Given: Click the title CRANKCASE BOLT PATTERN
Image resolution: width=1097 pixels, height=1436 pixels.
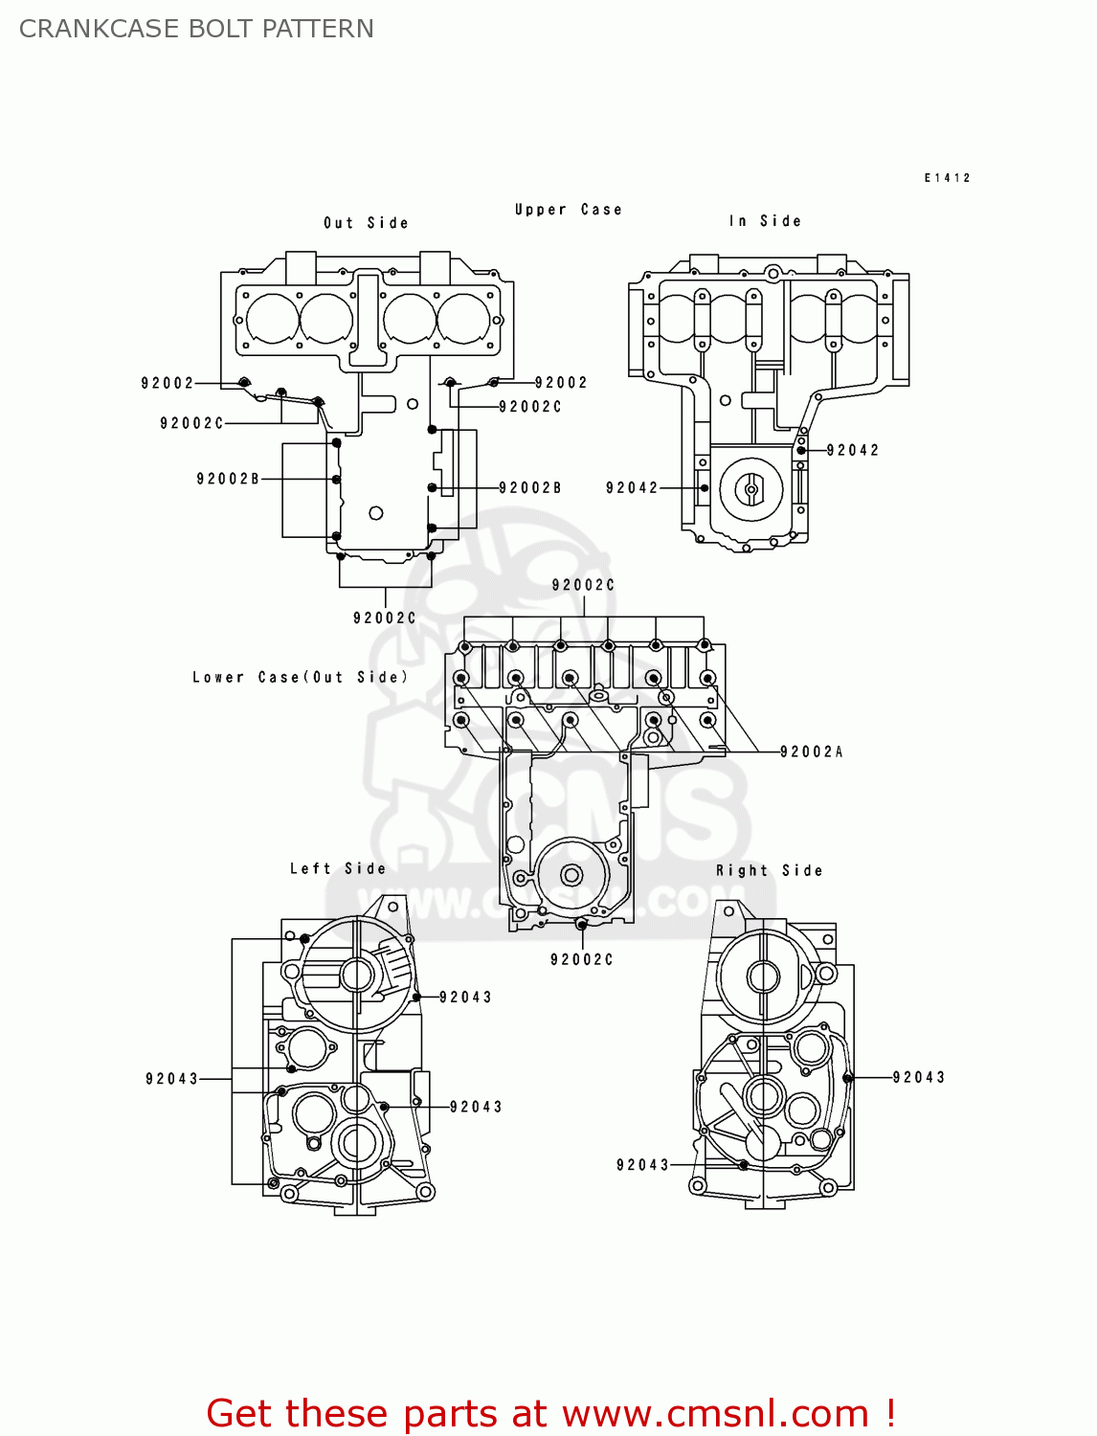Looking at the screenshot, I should [x=196, y=29].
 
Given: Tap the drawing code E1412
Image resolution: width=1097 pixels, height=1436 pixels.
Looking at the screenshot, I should [x=947, y=178].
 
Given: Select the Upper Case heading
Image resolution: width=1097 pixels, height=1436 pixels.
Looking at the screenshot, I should [x=568, y=210].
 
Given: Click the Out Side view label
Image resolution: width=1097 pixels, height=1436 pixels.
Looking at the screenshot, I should [x=366, y=223].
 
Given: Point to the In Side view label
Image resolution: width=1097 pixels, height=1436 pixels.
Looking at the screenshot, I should [x=765, y=221].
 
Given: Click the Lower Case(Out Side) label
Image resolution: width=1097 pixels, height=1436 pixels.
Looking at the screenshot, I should [x=300, y=677].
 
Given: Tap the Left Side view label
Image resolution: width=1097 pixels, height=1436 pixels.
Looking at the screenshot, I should [x=338, y=868].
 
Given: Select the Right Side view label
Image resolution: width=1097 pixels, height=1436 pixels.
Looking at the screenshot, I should [x=769, y=870].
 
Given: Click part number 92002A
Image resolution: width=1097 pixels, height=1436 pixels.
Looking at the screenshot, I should [x=811, y=752].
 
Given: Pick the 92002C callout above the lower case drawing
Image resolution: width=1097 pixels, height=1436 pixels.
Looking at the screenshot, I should [x=583, y=585].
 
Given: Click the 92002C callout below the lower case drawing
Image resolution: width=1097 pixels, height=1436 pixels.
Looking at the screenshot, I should [x=581, y=959].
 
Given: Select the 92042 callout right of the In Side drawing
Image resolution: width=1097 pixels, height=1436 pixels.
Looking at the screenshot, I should [x=852, y=450].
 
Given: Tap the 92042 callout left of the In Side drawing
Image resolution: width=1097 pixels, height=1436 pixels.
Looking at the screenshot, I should [x=632, y=487].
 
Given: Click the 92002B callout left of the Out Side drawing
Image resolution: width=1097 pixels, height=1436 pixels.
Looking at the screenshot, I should [x=228, y=479].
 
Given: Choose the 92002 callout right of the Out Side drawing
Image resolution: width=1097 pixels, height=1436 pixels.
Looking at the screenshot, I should [x=561, y=382].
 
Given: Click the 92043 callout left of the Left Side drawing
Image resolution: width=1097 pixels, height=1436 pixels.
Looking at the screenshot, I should [x=171, y=1079].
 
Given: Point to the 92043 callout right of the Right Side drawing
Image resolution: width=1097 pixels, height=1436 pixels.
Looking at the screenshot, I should [x=918, y=1077].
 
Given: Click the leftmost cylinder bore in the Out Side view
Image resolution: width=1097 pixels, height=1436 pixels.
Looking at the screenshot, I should [x=273, y=318].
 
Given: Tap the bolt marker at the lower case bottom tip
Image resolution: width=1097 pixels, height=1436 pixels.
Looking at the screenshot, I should [x=582, y=925].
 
